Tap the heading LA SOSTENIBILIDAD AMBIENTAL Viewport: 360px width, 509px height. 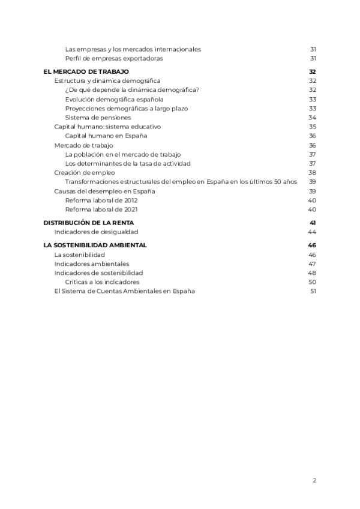[95, 245]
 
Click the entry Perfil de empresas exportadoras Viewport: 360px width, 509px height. [114, 58]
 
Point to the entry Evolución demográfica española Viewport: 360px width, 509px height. [114, 99]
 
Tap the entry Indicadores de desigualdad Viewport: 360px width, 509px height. [95, 232]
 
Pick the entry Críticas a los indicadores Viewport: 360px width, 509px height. [102, 282]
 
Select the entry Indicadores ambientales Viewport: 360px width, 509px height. [91, 264]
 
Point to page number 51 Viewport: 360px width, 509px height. [312, 291]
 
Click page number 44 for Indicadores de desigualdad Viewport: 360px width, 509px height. [311, 232]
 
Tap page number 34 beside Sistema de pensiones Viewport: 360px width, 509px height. [312, 118]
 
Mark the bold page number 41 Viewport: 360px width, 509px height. [312, 223]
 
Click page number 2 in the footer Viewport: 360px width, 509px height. [314, 480]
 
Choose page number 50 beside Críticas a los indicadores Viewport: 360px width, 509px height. [312, 282]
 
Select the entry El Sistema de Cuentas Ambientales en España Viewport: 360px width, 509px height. [124, 291]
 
